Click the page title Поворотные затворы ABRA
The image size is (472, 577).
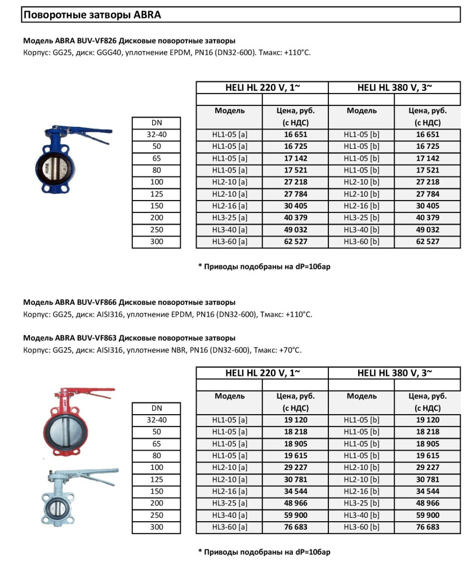pyautogui.click(x=92, y=15)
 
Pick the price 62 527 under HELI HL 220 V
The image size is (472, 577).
pyautogui.click(x=295, y=242)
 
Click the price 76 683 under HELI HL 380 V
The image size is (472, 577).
pyautogui.click(x=428, y=527)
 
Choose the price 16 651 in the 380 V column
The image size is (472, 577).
pyautogui.click(x=428, y=135)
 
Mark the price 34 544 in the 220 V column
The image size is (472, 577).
pyautogui.click(x=295, y=491)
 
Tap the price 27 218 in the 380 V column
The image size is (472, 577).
pyautogui.click(x=428, y=182)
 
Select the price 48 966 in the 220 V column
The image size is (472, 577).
pyautogui.click(x=295, y=503)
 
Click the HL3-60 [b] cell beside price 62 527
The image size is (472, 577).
pyautogui.click(x=362, y=242)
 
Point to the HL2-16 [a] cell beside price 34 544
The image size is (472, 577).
pyautogui.click(x=229, y=491)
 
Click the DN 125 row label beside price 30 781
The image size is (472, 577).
pyautogui.click(x=157, y=480)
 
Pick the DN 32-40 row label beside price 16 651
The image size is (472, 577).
pyautogui.click(x=157, y=135)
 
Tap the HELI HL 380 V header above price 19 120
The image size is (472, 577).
pyautogui.click(x=394, y=373)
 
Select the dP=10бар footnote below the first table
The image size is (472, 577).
pyautogui.click(x=264, y=267)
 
